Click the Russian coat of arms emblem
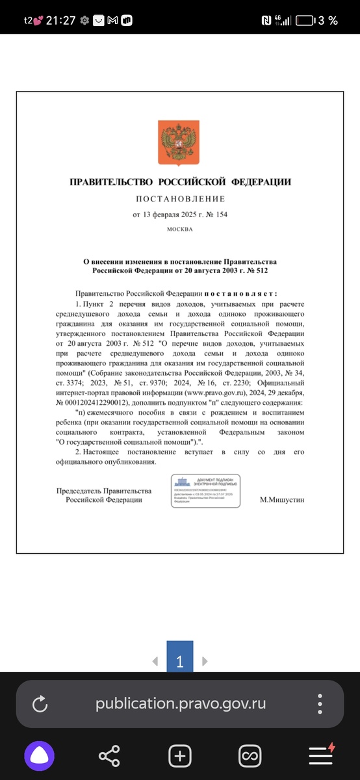click(x=180, y=142)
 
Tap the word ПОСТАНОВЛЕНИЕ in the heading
click(x=180, y=198)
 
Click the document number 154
click(x=221, y=214)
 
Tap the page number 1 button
click(x=180, y=662)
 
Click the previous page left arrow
click(x=155, y=662)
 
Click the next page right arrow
click(x=205, y=662)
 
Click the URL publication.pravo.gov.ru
click(x=181, y=704)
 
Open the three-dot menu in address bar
click(x=320, y=704)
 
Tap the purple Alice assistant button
click(x=40, y=756)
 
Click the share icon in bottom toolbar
click(x=109, y=756)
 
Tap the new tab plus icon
click(x=180, y=756)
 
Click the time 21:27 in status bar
click(x=60, y=20)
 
